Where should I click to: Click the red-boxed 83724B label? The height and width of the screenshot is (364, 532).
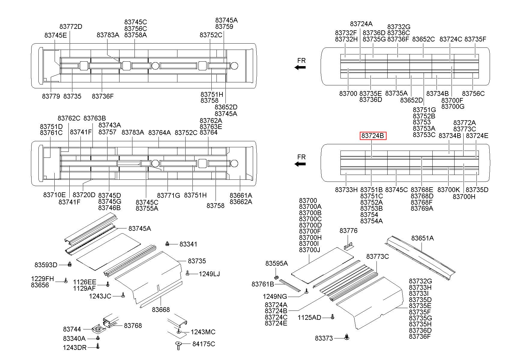tap(373, 136)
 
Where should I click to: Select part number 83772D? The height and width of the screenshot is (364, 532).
tap(71, 26)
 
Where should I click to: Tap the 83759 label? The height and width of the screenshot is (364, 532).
tap(224, 26)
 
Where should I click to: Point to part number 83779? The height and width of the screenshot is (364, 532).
tap(51, 96)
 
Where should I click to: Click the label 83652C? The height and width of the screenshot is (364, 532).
tap(423, 39)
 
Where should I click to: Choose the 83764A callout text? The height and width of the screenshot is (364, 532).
tap(159, 133)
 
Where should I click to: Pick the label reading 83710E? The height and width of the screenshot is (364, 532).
tap(54, 195)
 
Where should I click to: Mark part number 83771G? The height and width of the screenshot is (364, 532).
tap(169, 195)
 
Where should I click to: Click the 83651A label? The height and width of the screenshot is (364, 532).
tap(422, 238)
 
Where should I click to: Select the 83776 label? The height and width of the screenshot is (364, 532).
tap(349, 231)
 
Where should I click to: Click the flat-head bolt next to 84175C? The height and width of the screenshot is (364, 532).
tap(179, 346)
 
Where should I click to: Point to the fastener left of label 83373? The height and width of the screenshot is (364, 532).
tap(347, 337)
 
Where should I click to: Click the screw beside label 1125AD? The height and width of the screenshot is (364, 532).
tap(332, 317)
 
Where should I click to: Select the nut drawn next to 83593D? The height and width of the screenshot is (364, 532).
tap(70, 264)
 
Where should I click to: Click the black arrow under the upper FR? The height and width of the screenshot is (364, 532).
tap(300, 67)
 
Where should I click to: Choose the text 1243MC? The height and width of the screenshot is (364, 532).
tap(203, 332)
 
